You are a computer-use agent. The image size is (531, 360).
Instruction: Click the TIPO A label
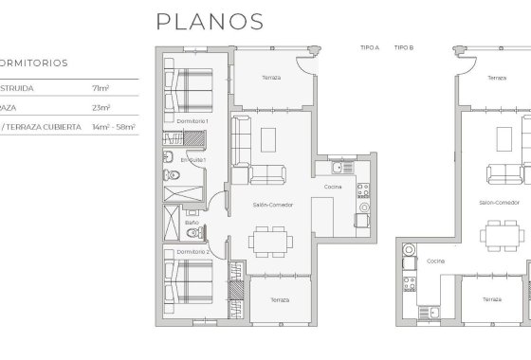(x=370, y=46)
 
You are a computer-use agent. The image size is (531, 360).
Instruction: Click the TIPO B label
(x=403, y=46)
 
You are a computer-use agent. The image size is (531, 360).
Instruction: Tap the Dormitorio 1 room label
(x=192, y=121)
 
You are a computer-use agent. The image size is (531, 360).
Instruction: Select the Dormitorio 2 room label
(x=192, y=252)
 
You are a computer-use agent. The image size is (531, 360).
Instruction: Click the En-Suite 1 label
(x=193, y=160)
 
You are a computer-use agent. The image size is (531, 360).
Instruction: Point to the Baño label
(x=192, y=223)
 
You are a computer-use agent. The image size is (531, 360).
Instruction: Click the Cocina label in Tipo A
(x=333, y=187)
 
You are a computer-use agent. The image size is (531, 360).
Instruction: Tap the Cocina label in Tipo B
(x=435, y=260)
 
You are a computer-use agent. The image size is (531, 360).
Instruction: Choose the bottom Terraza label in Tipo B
(x=491, y=298)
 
